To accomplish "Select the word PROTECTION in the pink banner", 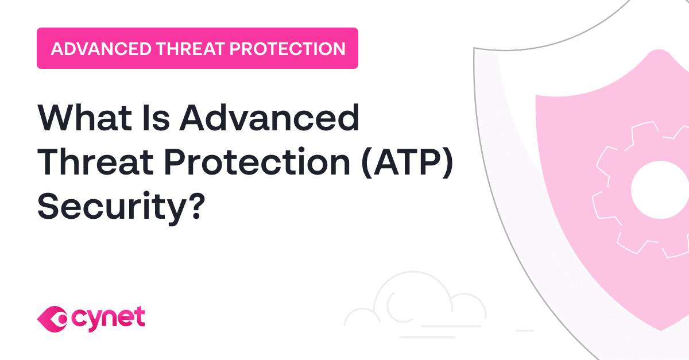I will pyautogui.click(x=287, y=48).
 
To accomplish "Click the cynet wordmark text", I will pyautogui.click(x=109, y=317).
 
